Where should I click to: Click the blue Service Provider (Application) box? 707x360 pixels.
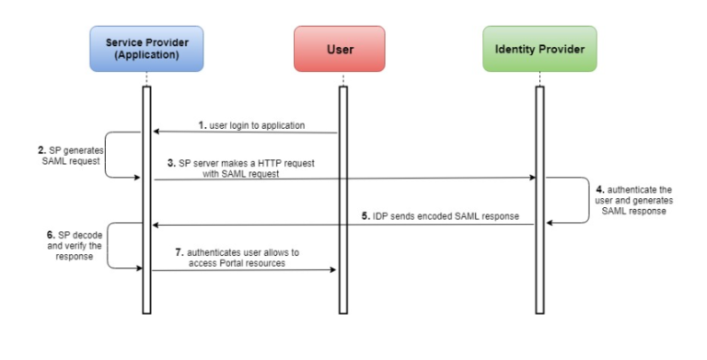point(146,49)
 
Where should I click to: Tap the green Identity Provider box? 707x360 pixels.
point(539,49)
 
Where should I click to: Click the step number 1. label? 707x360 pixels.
point(202,124)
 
